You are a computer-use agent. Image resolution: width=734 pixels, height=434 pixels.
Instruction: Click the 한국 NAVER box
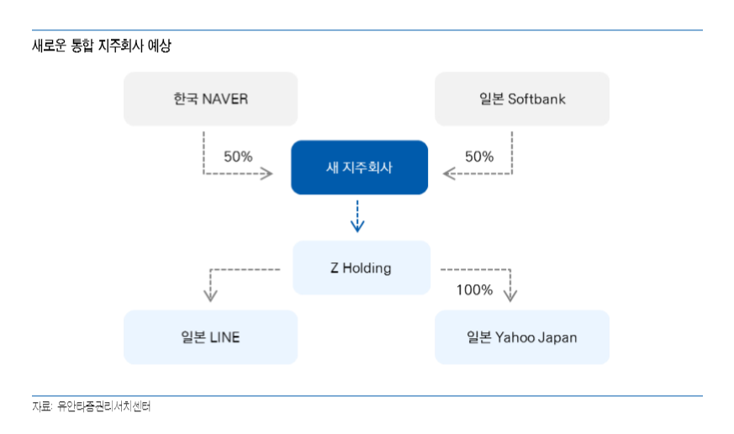211,98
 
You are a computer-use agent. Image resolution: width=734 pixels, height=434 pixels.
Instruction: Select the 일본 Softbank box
522,98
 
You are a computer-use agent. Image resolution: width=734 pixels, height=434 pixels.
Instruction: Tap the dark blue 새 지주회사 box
360,167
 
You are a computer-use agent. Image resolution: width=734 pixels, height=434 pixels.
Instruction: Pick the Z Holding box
362,267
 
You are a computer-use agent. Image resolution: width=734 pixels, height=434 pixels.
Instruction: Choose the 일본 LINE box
211,337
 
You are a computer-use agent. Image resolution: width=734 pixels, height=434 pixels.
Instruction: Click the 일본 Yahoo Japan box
522,337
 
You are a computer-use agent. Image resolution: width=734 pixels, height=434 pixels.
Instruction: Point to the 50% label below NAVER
238,156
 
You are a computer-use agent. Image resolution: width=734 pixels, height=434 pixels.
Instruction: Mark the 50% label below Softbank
479,156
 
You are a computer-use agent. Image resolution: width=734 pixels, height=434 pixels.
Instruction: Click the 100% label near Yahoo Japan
475,290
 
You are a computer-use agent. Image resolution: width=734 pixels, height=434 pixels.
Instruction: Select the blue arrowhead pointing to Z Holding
357,225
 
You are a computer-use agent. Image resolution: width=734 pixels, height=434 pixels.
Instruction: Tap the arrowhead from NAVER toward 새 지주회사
267,174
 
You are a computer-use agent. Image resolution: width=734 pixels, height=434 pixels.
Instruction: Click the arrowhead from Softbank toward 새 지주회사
449,174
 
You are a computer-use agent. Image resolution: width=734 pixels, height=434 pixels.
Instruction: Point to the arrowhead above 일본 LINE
210,295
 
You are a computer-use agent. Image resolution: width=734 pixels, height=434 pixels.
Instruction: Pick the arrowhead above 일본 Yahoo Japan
510,295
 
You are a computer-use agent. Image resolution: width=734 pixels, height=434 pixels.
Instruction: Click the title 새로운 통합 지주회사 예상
102,45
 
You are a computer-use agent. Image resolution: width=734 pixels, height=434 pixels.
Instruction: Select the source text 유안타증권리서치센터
103,406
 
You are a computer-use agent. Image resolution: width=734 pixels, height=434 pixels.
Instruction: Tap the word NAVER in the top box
224,98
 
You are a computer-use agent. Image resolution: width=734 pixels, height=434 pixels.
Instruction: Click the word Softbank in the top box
536,98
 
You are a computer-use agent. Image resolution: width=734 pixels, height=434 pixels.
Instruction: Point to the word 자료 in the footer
41,406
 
